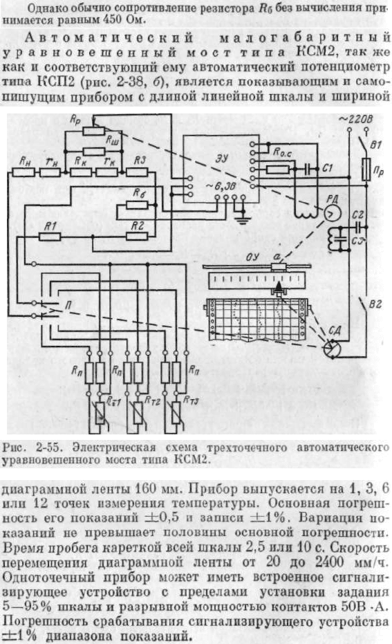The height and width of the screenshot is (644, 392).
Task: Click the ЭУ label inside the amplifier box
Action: (x=222, y=158)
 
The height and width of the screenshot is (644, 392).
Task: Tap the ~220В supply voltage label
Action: (x=356, y=119)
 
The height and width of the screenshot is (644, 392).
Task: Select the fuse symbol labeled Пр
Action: (x=366, y=169)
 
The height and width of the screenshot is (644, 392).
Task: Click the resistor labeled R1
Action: (x=50, y=237)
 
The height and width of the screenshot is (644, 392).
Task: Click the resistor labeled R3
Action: (x=137, y=172)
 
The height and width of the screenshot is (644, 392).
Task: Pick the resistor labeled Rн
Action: (x=24, y=172)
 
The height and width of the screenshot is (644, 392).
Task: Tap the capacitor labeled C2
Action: (x=358, y=227)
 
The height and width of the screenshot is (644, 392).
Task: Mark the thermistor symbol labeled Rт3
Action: (x=176, y=413)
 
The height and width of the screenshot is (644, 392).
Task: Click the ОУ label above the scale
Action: (x=253, y=257)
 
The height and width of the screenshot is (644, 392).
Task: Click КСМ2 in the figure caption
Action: (x=190, y=459)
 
